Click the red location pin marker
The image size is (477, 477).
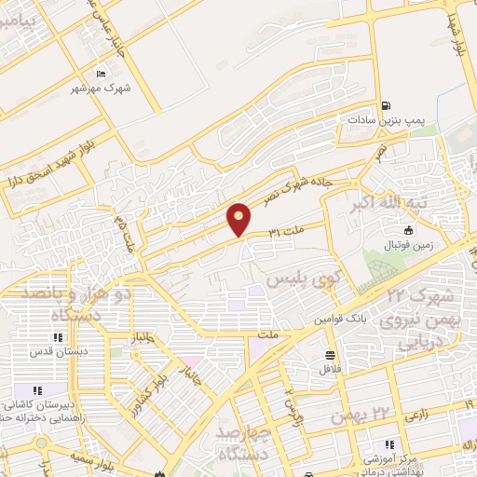click(x=239, y=218)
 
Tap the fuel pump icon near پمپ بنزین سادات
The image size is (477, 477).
click(x=385, y=106)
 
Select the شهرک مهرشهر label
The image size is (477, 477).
click(x=102, y=88)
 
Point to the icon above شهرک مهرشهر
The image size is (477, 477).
click(x=102, y=73)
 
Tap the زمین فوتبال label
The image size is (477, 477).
click(x=408, y=244)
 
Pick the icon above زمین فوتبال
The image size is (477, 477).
click(x=408, y=230)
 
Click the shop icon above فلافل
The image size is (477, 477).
click(x=331, y=354)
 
